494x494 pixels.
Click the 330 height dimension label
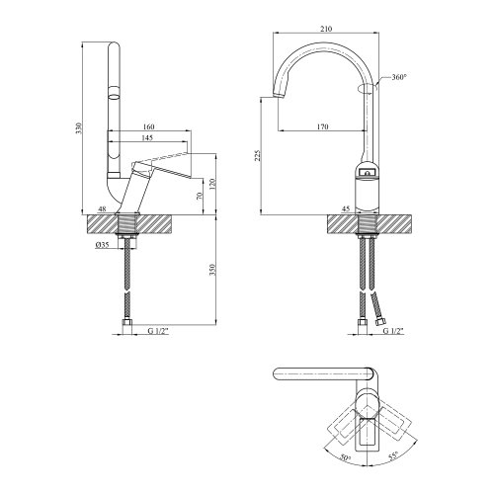(x=78, y=127)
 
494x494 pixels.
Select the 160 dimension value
(x=149, y=126)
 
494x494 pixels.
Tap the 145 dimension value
(x=147, y=137)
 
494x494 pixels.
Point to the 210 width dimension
(x=326, y=29)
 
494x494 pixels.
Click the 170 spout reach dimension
(x=323, y=126)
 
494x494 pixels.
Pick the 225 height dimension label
(x=258, y=156)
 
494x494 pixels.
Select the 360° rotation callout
(x=399, y=77)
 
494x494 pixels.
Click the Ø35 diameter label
(x=102, y=245)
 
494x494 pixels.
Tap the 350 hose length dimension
(x=212, y=270)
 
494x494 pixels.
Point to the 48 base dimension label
(x=103, y=208)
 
